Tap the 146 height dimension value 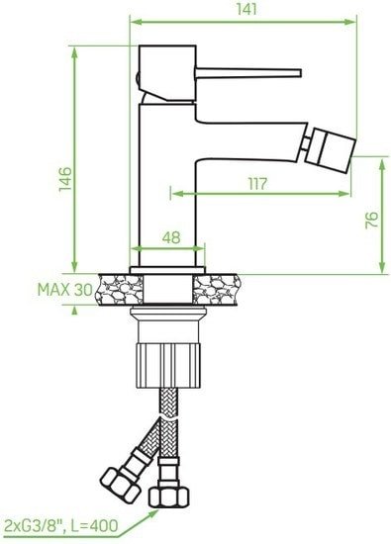point(63,177)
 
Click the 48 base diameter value point(169,237)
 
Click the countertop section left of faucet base point(118,289)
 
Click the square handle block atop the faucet point(157,69)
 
